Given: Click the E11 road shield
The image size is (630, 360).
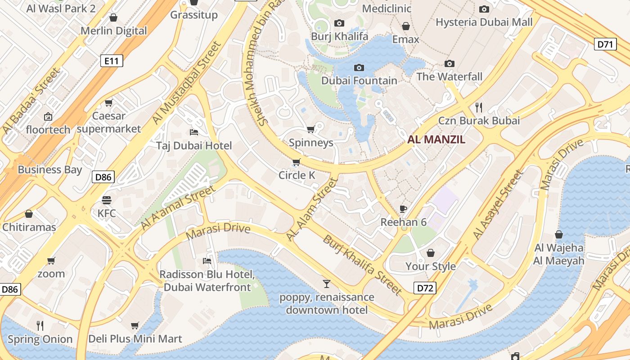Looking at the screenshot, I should click(111, 60).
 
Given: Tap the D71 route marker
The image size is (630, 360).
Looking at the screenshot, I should click(605, 44).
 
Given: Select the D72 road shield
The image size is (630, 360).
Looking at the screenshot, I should click(425, 288).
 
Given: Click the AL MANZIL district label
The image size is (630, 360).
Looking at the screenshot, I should click(436, 139).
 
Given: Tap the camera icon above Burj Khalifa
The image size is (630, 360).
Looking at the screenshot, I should click(339, 23).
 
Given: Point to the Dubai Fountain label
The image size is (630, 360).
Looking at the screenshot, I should click(359, 81).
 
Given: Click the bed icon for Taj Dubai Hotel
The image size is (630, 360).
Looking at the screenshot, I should click(194, 132).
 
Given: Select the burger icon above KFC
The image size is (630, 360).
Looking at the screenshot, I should click(107, 200).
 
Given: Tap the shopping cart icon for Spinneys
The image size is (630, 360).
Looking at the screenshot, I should click(310, 130).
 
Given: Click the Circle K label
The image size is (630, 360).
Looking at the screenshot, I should click(297, 175).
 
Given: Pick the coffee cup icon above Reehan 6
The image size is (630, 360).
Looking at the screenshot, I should click(403, 209).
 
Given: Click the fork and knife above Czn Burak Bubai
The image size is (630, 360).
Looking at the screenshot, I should click(479, 107).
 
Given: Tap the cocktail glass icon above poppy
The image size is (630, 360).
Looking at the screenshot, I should click(327, 283).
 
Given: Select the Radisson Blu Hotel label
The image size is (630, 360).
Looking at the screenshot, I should click(207, 281).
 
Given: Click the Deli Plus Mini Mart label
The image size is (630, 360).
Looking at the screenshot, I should click(135, 339).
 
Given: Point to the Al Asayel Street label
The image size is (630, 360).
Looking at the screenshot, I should click(499, 205).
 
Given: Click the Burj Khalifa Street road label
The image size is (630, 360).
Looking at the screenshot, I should click(362, 265).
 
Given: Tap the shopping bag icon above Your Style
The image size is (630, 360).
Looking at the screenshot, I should click(431, 253).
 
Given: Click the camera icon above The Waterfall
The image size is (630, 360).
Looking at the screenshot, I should click(449, 63).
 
